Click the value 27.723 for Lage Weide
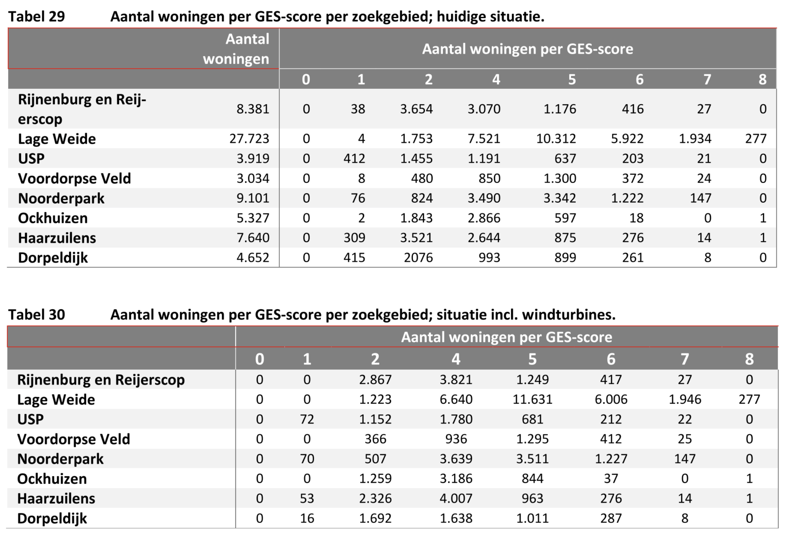[249, 138]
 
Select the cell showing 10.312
[556, 138]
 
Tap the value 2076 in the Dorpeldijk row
[418, 258]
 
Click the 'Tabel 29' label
[37, 16]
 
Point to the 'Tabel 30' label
[37, 315]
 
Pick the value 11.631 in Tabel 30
[533, 399]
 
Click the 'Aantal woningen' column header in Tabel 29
[236, 49]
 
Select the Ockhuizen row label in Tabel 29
[53, 218]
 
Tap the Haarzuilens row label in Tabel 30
[56, 498]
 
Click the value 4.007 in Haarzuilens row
[456, 498]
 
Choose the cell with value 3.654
[416, 109]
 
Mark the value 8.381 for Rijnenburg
[253, 109]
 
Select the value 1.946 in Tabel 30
[685, 399]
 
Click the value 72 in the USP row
[307, 419]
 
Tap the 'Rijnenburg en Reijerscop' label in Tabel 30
[101, 380]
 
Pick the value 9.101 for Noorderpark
[253, 198]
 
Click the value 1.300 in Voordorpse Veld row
[560, 178]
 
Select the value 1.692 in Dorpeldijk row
[375, 518]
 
